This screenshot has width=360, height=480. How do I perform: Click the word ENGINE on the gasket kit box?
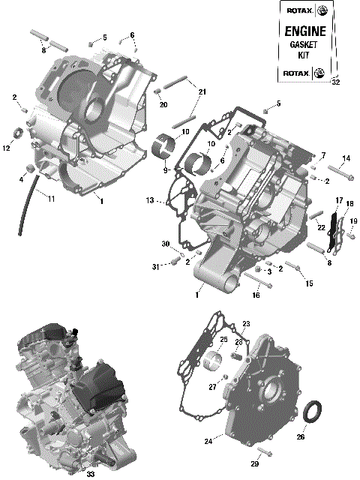[303, 31]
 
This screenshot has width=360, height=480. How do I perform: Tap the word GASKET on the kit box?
[303, 45]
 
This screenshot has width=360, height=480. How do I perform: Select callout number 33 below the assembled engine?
[90, 474]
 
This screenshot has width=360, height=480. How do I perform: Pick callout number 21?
[202, 91]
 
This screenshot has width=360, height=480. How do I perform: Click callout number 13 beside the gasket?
[150, 201]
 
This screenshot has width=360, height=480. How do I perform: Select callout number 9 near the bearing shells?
[166, 170]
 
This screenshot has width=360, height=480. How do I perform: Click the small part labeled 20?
[159, 93]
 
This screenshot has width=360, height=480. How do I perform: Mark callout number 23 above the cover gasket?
[245, 323]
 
